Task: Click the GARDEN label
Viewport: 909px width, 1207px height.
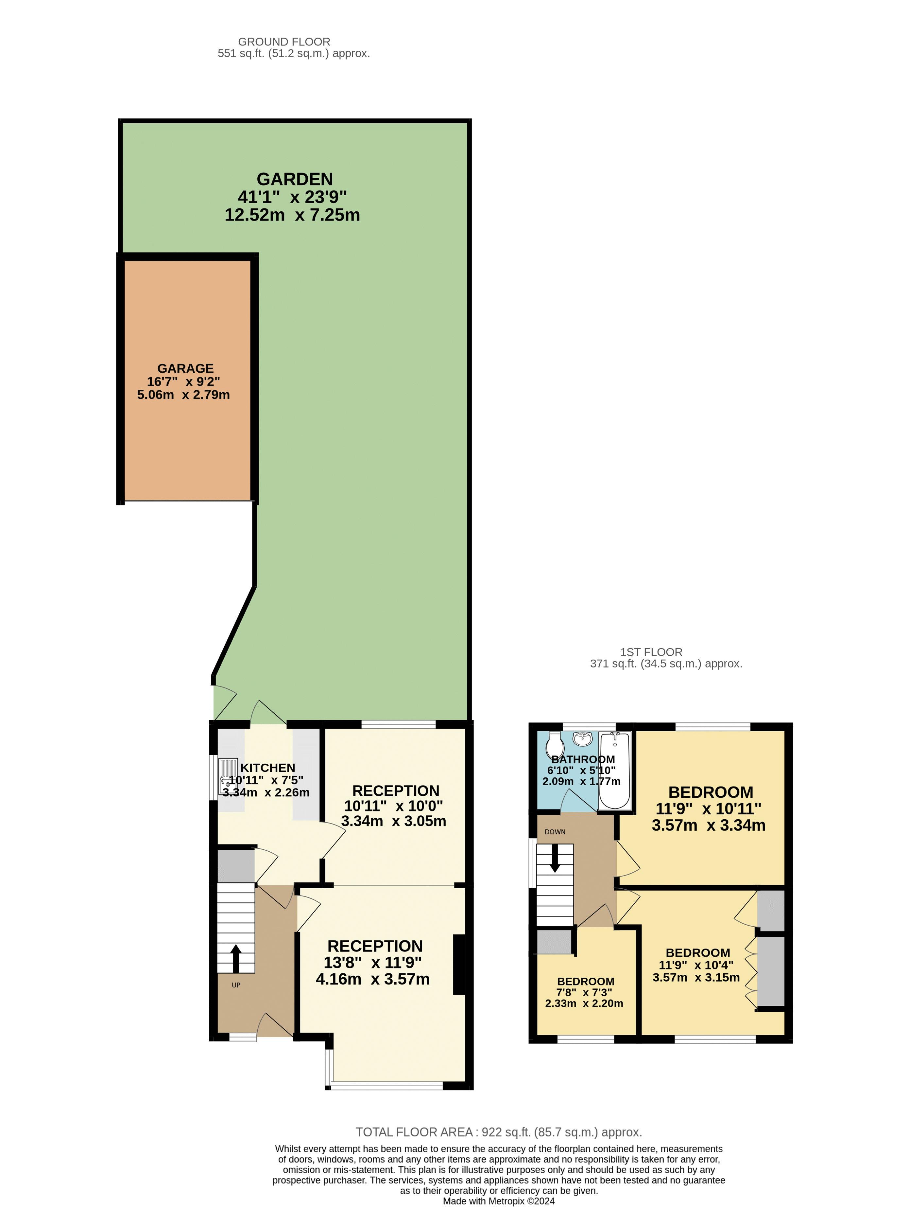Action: [295, 179]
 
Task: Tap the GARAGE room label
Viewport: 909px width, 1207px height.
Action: [185, 368]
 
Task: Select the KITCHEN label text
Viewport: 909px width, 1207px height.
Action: [268, 768]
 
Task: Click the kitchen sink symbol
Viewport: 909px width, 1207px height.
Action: [228, 776]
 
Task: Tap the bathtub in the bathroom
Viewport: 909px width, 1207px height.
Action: [614, 771]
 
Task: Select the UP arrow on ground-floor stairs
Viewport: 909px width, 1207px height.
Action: [235, 959]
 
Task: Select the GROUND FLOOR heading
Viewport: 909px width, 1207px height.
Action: [284, 42]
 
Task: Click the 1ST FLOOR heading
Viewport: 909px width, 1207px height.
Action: [651, 652]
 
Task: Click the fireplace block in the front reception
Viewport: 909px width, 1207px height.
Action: [459, 965]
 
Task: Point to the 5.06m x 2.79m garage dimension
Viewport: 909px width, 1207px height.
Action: [183, 395]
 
